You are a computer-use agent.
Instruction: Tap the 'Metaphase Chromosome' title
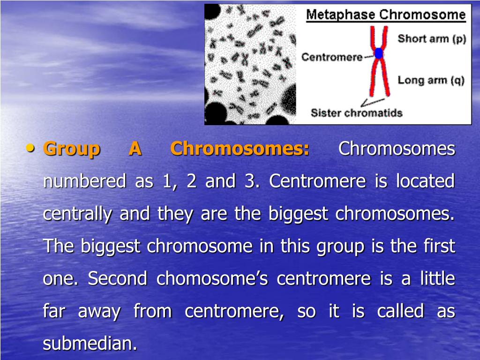386,15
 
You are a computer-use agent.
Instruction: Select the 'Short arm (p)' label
432,38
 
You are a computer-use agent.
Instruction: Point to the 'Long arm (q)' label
431,80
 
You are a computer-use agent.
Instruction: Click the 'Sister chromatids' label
357,113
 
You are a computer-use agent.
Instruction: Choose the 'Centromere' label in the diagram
331,57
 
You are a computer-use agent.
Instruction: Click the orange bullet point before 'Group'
31,148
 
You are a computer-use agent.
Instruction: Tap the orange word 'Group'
71,149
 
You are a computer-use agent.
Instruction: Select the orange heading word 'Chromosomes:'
240,149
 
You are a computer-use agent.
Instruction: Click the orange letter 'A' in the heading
135,149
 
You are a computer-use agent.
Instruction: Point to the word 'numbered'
84,181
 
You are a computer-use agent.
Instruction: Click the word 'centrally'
77,214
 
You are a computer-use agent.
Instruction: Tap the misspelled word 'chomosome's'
212,279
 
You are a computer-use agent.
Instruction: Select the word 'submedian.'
90,344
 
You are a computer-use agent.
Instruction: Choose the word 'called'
401,311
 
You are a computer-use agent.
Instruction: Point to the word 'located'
425,181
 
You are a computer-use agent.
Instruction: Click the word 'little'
437,279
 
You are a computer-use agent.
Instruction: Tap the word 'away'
99,311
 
